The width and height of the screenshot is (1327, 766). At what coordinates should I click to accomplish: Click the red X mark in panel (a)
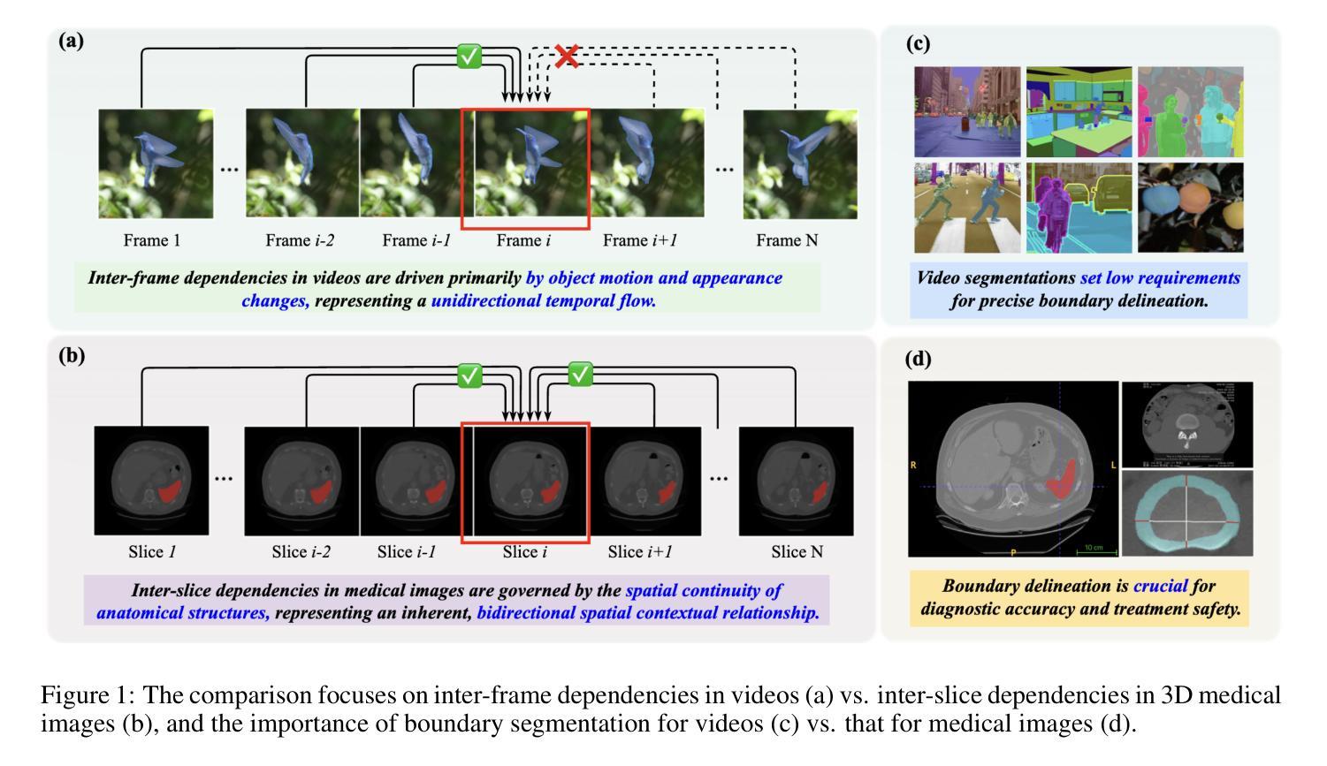(567, 56)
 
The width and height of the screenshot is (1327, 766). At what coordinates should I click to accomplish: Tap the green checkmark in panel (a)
(469, 57)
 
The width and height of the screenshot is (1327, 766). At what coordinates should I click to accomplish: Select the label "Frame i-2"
(300, 240)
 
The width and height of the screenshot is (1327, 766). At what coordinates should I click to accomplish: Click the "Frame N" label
(787, 240)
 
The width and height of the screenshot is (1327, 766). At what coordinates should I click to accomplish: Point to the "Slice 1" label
(152, 552)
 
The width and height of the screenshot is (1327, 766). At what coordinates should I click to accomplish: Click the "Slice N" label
(797, 552)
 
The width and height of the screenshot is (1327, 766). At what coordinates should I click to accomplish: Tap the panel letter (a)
(72, 41)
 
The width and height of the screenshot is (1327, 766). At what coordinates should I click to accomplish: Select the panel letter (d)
(919, 359)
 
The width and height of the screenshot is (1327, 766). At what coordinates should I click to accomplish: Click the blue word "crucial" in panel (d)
(1160, 586)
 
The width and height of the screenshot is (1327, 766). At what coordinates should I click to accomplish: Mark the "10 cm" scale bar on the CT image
(1093, 549)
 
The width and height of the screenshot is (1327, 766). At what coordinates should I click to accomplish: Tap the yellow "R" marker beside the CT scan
(913, 465)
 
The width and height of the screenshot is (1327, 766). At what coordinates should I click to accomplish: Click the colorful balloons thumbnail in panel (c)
(1190, 208)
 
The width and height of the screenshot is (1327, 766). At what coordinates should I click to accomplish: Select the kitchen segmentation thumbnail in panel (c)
(1079, 111)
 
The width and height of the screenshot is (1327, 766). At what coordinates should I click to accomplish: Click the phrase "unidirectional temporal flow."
(544, 300)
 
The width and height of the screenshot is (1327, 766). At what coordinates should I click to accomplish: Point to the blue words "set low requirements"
(1160, 278)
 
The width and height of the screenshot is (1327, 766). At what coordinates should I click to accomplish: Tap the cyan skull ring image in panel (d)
(1186, 514)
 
